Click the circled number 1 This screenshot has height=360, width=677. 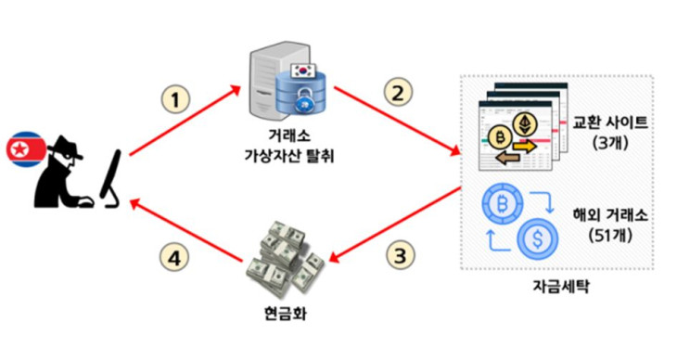175,99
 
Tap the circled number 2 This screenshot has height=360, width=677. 398,92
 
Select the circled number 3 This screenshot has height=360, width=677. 400,254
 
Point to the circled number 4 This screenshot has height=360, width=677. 174,259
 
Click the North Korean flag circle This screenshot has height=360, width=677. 25,149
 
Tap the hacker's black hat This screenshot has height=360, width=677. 65,148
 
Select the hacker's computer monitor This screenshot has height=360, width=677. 110,178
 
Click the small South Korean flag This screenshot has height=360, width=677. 303,70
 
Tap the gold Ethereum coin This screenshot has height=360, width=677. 525,124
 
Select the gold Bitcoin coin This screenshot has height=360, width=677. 501,138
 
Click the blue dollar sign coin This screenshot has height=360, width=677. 537,238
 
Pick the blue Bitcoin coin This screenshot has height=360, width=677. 503,203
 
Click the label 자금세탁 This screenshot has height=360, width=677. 560,287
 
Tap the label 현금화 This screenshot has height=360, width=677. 285,314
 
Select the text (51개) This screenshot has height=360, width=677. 609,236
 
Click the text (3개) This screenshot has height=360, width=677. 610,143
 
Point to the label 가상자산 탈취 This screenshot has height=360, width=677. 289,155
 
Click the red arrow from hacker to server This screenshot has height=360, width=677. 185,120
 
